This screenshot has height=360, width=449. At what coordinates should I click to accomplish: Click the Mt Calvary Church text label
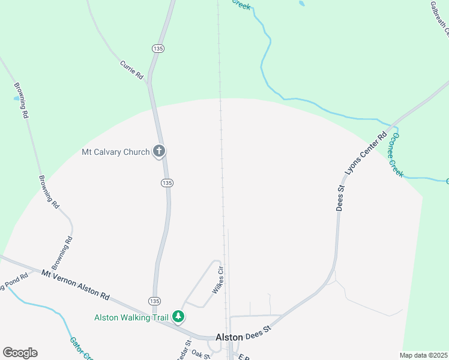point(115,152)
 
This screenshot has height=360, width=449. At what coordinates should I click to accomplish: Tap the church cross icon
point(159,151)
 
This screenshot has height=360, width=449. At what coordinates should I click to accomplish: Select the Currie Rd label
point(131,70)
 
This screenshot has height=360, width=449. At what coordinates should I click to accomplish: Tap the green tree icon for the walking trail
point(178,316)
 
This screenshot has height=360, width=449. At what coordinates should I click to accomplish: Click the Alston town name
point(229,337)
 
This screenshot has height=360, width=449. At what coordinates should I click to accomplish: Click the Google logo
point(20,353)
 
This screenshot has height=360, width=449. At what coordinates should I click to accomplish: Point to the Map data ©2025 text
point(424,355)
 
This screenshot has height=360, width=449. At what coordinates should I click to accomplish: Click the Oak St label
point(201,355)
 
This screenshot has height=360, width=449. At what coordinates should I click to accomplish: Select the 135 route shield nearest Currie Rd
point(158,49)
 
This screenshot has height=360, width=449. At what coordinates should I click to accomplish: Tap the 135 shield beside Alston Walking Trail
point(154,300)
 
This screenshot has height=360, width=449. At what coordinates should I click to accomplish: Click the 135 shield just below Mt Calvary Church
point(167,182)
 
